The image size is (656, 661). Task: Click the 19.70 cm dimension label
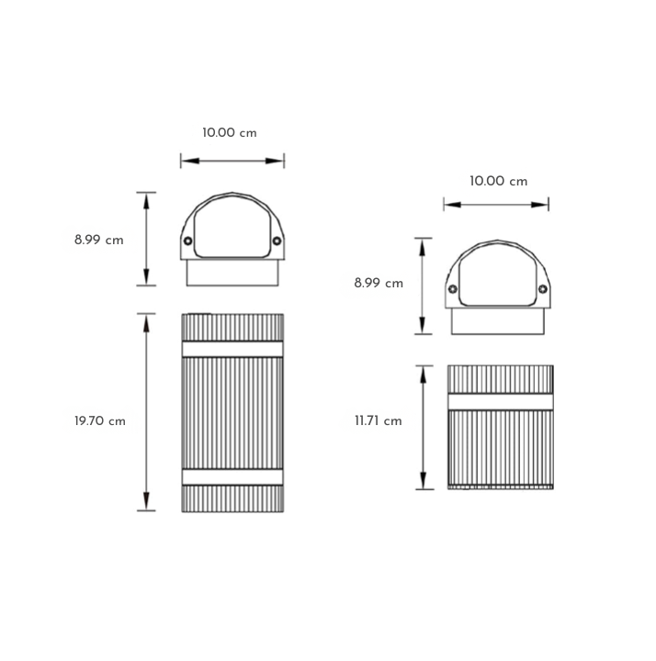coord(100,421)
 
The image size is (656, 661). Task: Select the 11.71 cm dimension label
coord(378,420)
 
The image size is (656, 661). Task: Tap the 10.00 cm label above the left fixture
coord(230,133)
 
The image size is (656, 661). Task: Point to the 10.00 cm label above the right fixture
coord(499,181)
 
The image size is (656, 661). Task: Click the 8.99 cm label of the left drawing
coord(98,240)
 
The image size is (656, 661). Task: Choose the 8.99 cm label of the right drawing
coord(379,283)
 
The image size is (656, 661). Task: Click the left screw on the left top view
coord(188,241)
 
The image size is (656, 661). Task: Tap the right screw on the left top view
coord(277,241)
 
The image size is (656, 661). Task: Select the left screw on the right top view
coord(453,289)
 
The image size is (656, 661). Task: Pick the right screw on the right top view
coord(543,289)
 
